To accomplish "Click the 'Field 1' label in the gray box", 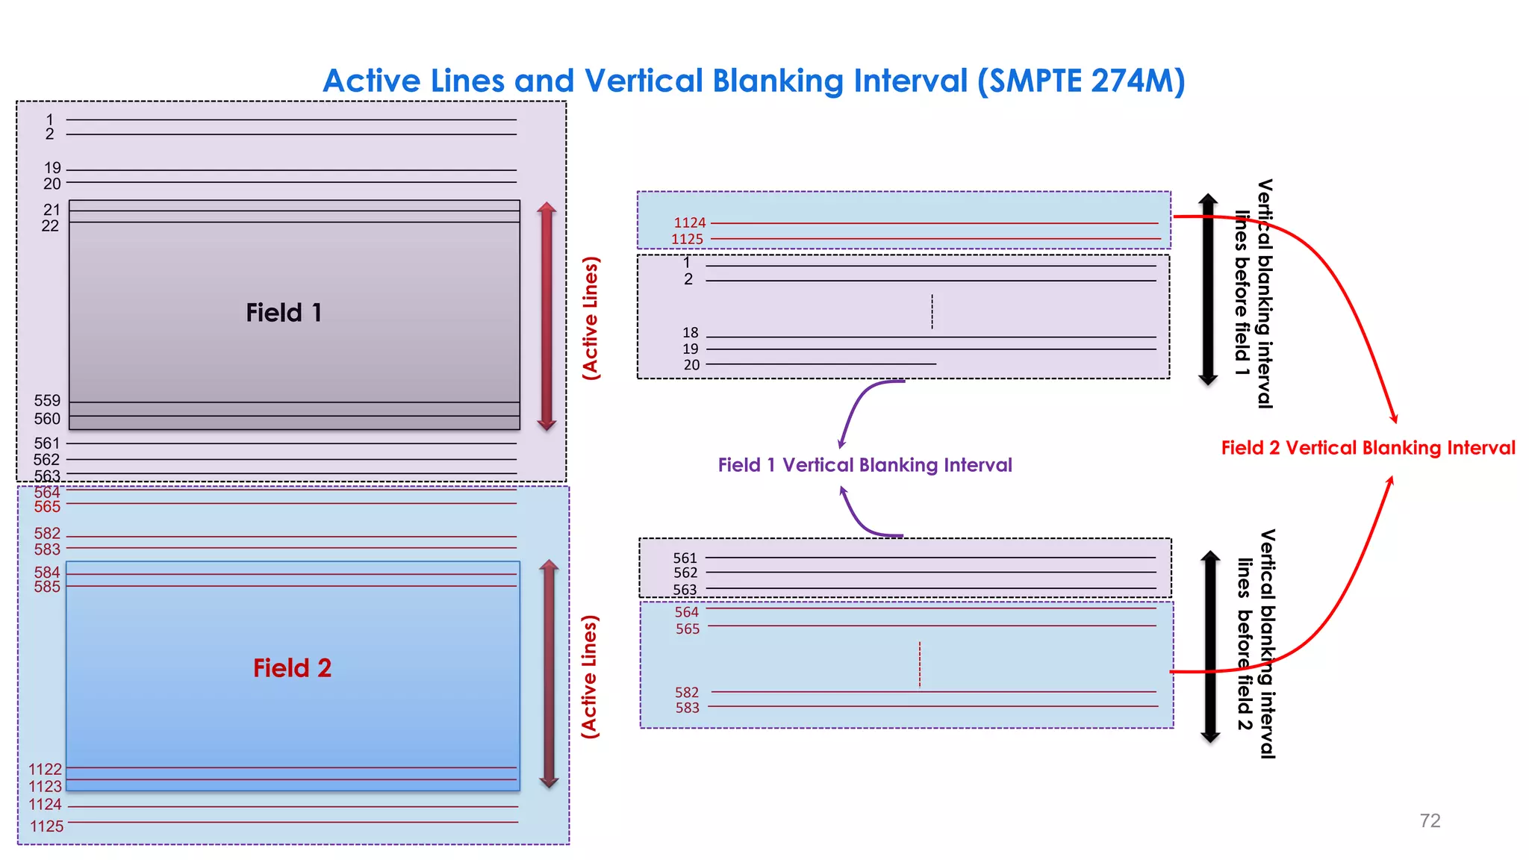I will tap(284, 313).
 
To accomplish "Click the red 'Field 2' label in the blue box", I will tap(292, 668).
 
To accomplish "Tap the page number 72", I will tap(1430, 821).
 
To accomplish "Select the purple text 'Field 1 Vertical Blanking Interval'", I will tap(865, 465).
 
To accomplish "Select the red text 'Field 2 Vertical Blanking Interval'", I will tap(1368, 448).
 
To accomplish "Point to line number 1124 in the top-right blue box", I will tap(689, 222).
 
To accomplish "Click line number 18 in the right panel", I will tap(691, 332).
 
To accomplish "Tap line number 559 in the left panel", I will tap(47, 401).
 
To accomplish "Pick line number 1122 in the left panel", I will tap(46, 769).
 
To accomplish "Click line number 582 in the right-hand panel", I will tap(687, 693).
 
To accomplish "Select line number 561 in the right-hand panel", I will tap(685, 558).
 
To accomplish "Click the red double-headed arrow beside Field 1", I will tap(546, 316).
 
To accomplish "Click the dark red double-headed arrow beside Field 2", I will tap(549, 674).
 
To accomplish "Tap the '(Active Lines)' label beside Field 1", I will tap(591, 318).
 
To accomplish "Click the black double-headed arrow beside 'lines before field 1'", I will tap(1208, 290).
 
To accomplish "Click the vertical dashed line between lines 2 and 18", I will tap(932, 311).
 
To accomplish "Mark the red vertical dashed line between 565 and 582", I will tap(920, 664).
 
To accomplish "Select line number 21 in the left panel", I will tap(52, 210).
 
